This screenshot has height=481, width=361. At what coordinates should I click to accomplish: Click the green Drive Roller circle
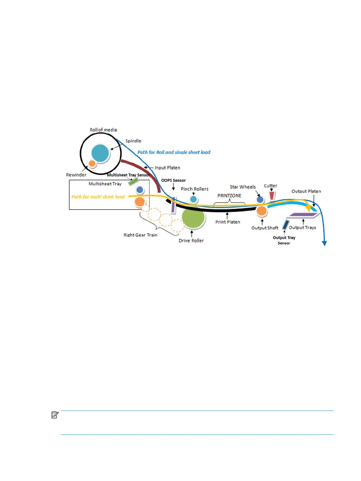click(193, 218)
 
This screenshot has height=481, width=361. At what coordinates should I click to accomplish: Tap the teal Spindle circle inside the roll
click(100, 153)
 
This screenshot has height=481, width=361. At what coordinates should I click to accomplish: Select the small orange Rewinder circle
click(92, 164)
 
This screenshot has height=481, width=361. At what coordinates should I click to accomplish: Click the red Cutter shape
click(272, 195)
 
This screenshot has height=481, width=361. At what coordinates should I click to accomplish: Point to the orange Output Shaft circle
click(261, 211)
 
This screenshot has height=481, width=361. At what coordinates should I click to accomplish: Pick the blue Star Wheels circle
click(260, 200)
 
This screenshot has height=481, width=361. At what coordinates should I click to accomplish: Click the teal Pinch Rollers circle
click(193, 200)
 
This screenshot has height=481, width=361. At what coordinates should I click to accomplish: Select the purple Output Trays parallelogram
click(303, 215)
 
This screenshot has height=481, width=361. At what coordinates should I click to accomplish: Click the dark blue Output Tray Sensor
click(285, 225)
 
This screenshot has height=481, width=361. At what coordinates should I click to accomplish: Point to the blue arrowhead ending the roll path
click(324, 243)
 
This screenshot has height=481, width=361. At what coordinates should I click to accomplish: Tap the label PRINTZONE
click(229, 196)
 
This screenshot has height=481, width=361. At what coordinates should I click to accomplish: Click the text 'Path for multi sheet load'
click(98, 197)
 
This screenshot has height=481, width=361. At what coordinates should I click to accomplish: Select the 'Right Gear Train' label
click(140, 235)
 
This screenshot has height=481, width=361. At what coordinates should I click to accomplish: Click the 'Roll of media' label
click(103, 130)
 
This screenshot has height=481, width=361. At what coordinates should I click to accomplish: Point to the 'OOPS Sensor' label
click(173, 180)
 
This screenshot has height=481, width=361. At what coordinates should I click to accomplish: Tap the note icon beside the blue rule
click(55, 414)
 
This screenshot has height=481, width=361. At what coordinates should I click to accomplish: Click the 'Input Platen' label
click(167, 168)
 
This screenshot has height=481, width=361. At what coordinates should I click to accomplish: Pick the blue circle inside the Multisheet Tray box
click(140, 190)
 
